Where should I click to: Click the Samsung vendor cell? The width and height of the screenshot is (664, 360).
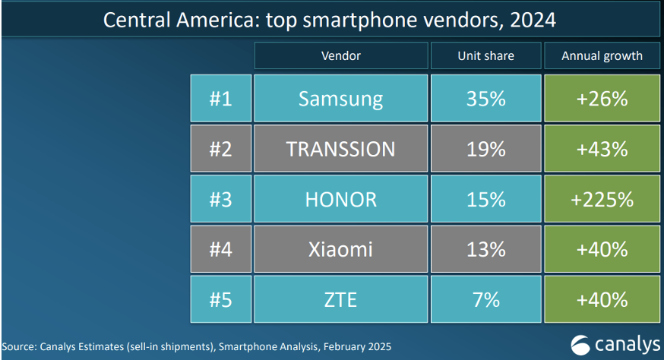(x=340, y=99)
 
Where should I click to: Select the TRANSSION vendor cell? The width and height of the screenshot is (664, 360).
(x=340, y=149)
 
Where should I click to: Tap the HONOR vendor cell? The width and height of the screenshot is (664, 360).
(x=340, y=199)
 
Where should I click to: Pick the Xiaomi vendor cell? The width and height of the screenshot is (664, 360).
(x=340, y=249)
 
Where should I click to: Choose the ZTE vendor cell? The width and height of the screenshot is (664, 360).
(x=340, y=299)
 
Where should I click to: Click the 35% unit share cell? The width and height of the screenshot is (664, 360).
(x=486, y=99)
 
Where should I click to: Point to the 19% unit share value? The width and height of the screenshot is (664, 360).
(x=486, y=149)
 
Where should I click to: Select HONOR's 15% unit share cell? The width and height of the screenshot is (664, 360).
(x=486, y=199)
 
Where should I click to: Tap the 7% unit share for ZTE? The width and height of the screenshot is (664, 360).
(x=486, y=299)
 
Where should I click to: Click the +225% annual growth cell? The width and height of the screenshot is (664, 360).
(x=602, y=199)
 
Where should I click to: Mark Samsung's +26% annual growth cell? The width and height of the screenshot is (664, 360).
(x=602, y=99)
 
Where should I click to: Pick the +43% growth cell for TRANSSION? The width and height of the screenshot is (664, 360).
(x=602, y=149)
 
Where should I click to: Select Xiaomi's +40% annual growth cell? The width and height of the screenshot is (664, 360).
(x=602, y=249)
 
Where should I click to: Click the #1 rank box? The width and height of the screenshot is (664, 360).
(x=220, y=99)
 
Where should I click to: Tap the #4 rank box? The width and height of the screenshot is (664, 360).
(x=220, y=249)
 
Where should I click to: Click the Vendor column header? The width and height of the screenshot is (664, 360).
(x=340, y=55)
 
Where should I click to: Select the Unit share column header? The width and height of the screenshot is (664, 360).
(x=486, y=55)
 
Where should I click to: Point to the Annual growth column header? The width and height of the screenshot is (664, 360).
(x=602, y=55)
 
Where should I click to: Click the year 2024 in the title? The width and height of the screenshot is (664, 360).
(x=532, y=20)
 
